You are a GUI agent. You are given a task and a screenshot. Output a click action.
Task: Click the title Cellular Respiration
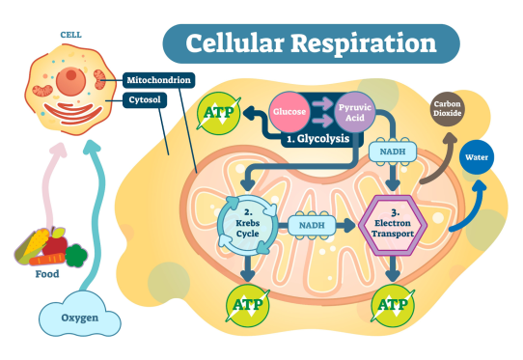point(310,43)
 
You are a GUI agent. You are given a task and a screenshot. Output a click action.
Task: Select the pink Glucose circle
point(289,112)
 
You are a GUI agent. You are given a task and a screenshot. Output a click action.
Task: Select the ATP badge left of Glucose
point(216,116)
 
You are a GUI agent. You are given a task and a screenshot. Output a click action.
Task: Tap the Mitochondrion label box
point(157,81)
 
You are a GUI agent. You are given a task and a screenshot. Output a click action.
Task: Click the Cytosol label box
point(147,99)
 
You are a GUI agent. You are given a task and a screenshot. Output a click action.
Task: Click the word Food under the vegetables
point(46,274)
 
